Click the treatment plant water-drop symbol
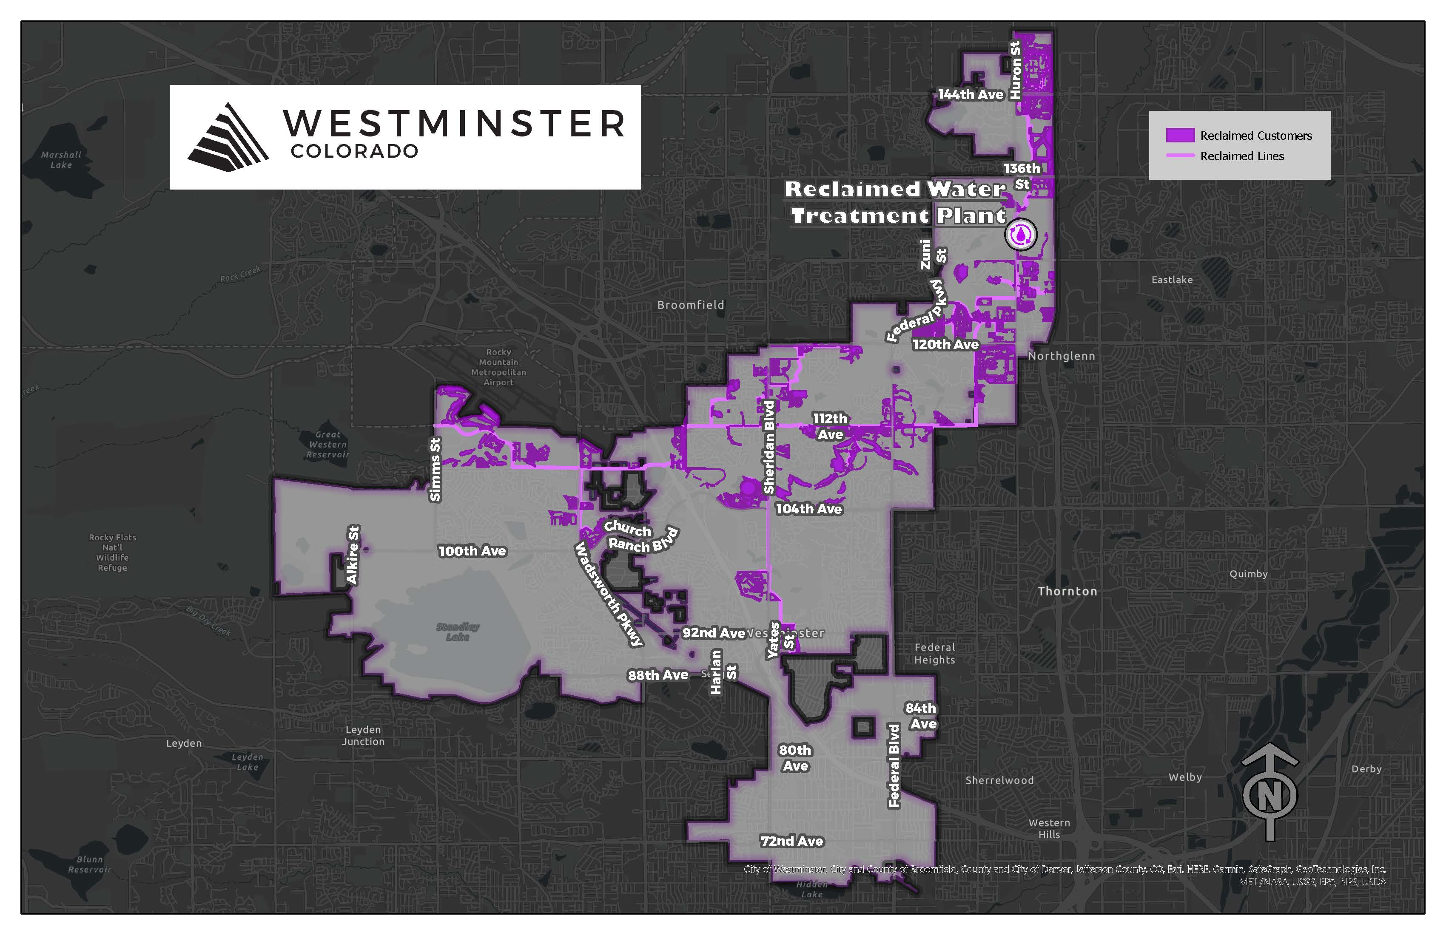coord(1021,234)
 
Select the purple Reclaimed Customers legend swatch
coord(1180,136)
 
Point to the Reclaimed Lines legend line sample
coord(1180,156)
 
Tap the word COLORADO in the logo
coord(354,151)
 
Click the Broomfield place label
coord(690,305)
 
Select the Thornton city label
coord(1067,591)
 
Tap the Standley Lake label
coord(458,632)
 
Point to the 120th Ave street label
coord(945,345)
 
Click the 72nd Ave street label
coord(791,841)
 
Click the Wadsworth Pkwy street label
coord(608,595)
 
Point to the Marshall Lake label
coord(61,160)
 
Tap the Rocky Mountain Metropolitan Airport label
coord(498,367)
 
